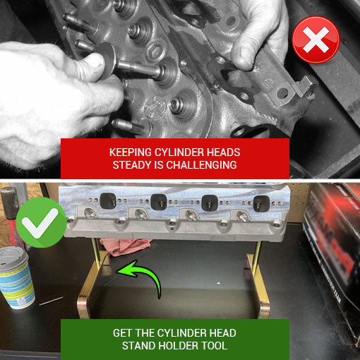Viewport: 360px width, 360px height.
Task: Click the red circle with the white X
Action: pos(316,40)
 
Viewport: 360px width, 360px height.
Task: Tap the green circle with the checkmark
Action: pos(41,222)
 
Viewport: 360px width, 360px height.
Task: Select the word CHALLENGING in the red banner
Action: pos(201,165)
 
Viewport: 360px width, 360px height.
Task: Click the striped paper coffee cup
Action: pos(17,277)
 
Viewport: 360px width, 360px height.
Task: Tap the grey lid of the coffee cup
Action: pos(13,256)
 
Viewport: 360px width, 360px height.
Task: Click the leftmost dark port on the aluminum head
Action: pos(108,201)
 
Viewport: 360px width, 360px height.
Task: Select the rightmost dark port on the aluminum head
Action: pos(261,203)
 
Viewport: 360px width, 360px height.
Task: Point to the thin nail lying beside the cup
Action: pos(52,301)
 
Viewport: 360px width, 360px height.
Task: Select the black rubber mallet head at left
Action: pos(10,203)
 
